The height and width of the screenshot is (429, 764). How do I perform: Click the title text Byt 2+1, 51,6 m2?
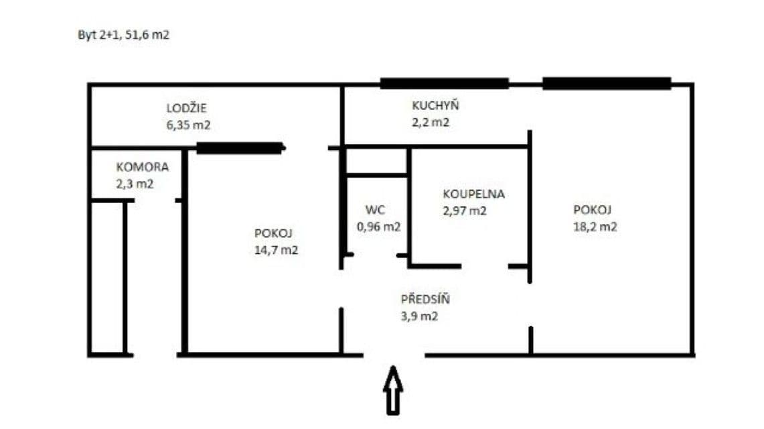pyautogui.click(x=124, y=35)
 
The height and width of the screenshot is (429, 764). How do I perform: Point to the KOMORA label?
pyautogui.click(x=143, y=168)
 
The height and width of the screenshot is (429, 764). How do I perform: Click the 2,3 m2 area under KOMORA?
pyautogui.click(x=135, y=184)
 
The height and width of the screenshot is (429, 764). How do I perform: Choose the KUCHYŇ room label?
pyautogui.click(x=435, y=105)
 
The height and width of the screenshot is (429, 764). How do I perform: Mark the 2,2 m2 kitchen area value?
pyautogui.click(x=431, y=122)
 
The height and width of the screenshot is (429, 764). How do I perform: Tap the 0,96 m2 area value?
pyautogui.click(x=379, y=227)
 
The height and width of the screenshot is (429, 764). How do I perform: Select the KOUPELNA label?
pyautogui.click(x=473, y=194)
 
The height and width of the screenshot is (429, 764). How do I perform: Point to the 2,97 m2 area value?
pyautogui.click(x=464, y=210)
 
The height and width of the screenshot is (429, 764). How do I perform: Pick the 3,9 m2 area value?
pyautogui.click(x=419, y=316)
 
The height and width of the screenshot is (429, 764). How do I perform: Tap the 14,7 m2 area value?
pyautogui.click(x=276, y=251)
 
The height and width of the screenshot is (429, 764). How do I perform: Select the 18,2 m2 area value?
pyautogui.click(x=595, y=227)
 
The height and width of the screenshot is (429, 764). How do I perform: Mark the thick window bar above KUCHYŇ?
pyautogui.click(x=444, y=84)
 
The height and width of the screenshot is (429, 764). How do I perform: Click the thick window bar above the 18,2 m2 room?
pyautogui.click(x=607, y=84)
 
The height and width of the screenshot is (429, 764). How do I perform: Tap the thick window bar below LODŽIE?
pyautogui.click(x=239, y=148)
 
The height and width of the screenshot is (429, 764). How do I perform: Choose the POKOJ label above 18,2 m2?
pyautogui.click(x=593, y=209)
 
